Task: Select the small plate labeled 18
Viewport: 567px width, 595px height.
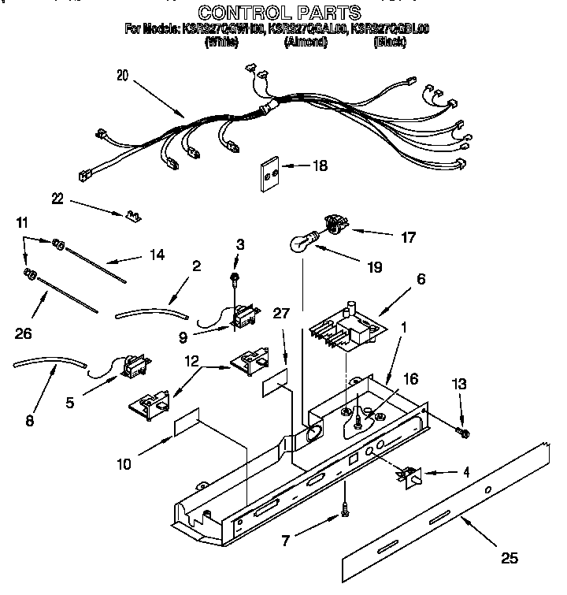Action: click(271, 169)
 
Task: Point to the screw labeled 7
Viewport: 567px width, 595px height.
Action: click(345, 512)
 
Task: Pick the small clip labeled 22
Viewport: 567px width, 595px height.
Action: click(132, 214)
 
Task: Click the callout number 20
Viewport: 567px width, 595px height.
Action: click(121, 76)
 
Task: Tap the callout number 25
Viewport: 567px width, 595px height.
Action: click(510, 559)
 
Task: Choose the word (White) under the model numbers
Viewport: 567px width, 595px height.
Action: click(221, 42)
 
